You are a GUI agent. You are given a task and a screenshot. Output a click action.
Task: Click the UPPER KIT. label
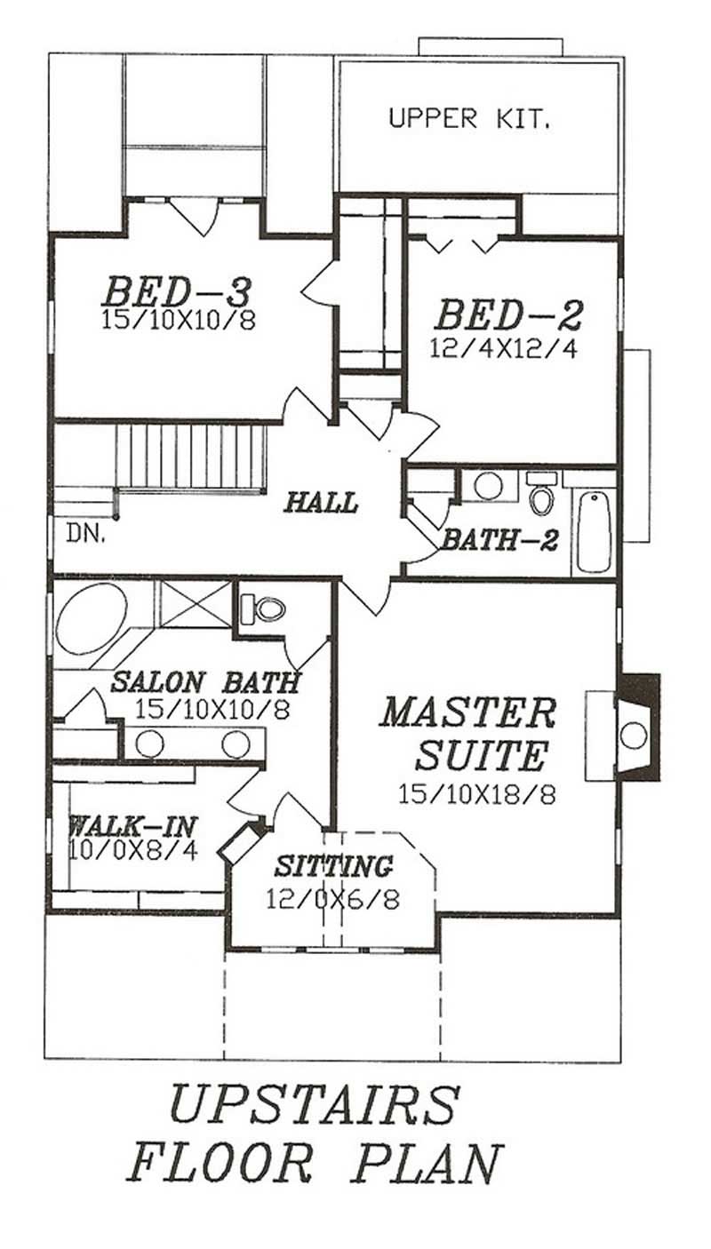468,119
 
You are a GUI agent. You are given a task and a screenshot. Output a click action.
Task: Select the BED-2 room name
508,316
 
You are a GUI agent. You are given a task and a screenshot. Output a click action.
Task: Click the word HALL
321,503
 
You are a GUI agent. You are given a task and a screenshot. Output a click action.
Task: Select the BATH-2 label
493,539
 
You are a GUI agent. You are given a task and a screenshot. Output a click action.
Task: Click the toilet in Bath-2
541,497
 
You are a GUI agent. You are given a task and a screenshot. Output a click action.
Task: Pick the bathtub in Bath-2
594,529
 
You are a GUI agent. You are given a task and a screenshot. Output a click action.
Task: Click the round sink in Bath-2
487,485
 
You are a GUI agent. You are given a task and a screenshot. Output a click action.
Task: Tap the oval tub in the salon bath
91,617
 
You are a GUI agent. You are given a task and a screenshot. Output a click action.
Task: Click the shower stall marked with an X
194,604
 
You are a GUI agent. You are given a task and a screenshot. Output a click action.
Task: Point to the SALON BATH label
204,683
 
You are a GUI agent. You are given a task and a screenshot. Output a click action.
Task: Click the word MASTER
468,713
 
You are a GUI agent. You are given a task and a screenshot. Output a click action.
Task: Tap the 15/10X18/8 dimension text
477,794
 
